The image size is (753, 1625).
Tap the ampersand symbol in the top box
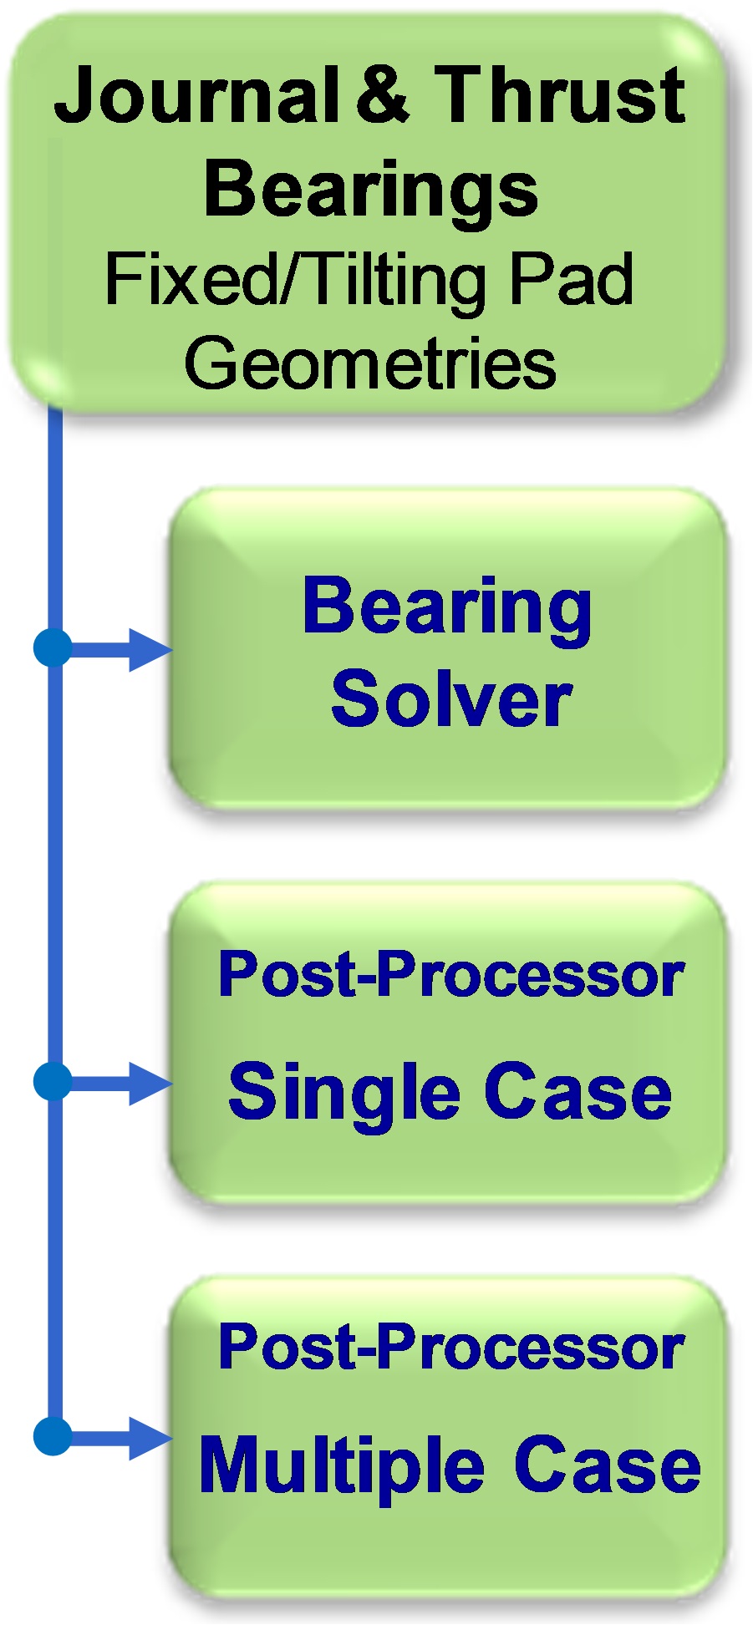point(383,95)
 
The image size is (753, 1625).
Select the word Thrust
point(560,95)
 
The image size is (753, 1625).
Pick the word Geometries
point(370,364)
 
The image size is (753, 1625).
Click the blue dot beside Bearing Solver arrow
point(53,648)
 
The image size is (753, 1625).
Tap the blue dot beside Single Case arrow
point(53,1082)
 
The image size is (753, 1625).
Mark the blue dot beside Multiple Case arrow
point(53,1437)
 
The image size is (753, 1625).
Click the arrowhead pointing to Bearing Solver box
point(150,649)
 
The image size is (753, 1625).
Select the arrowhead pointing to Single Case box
point(150,1084)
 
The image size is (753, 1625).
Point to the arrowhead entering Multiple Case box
point(150,1439)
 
